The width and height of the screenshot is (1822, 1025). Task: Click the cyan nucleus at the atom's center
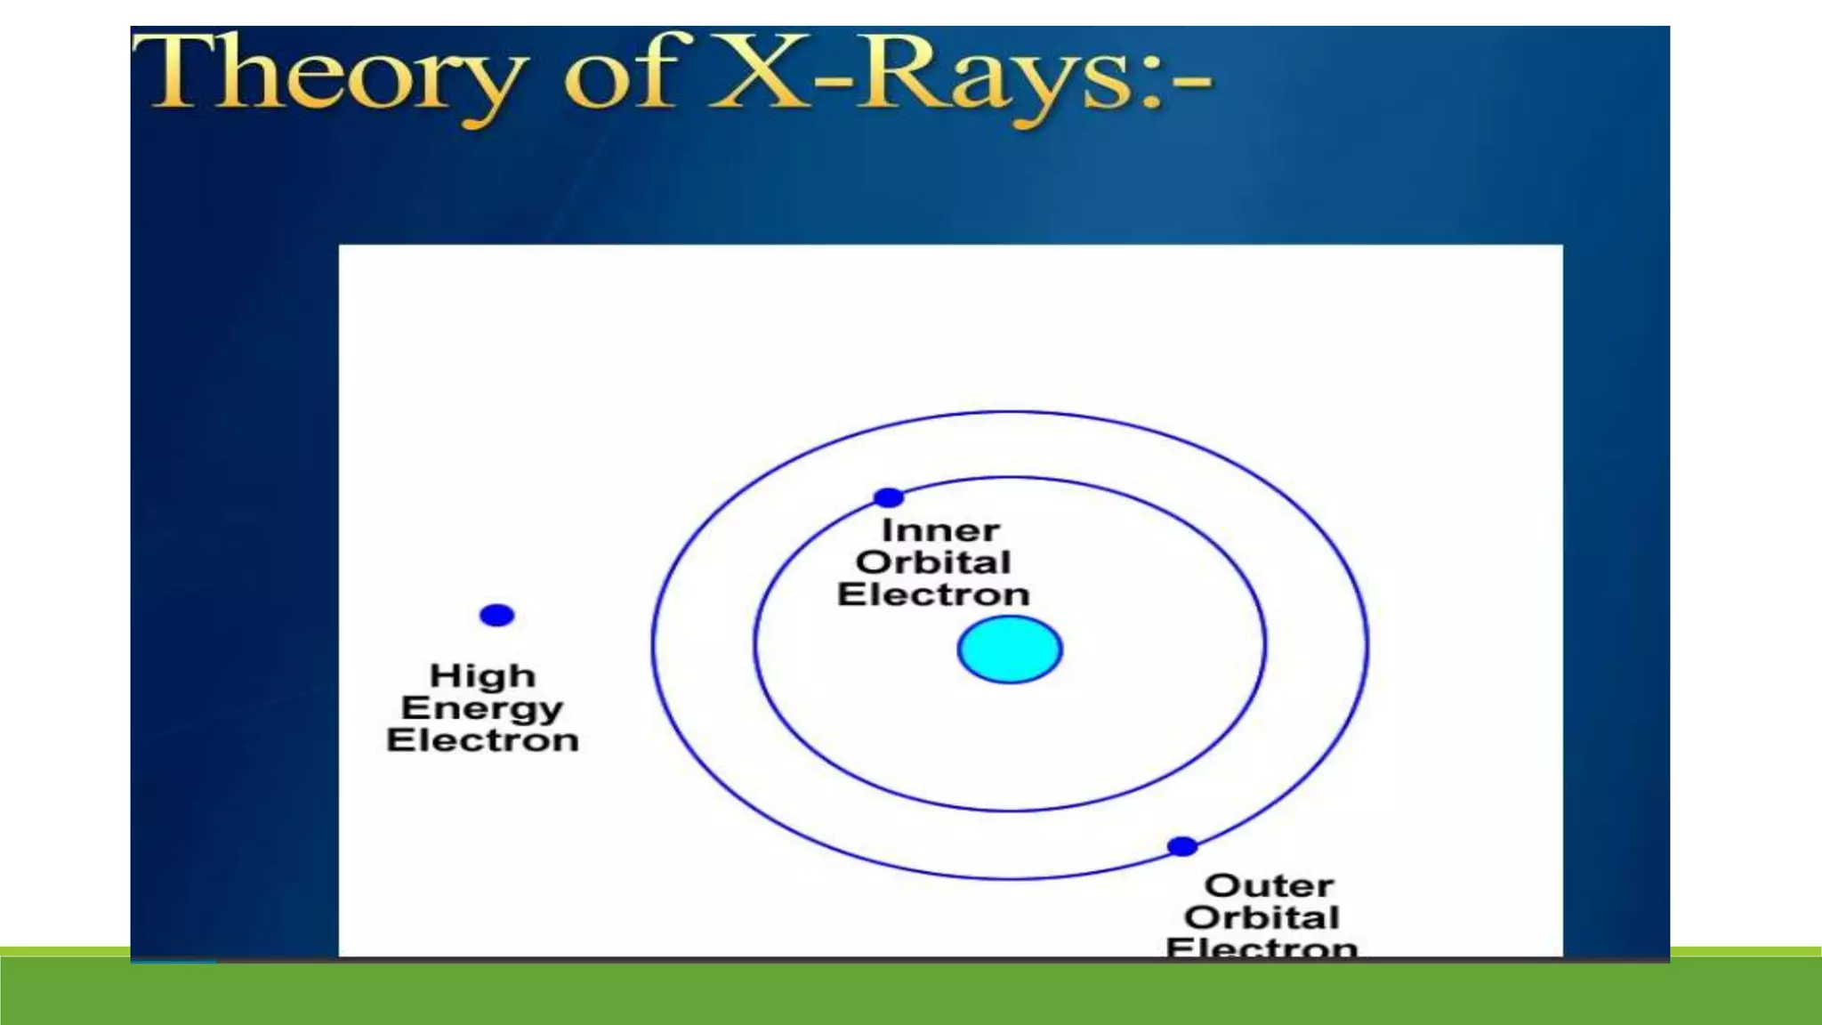tap(1010, 650)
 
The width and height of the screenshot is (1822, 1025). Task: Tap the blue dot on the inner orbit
tap(888, 497)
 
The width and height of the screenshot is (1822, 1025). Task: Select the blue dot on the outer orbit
tap(1181, 846)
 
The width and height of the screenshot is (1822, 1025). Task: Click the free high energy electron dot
tap(496, 615)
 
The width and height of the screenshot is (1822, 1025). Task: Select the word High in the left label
tap(482, 676)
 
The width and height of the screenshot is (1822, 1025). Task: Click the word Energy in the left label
tap(482, 709)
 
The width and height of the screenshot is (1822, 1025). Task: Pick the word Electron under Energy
tap(482, 740)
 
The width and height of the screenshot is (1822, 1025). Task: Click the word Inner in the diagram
tap(939, 530)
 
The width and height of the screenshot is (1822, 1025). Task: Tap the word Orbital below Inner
tap(933, 562)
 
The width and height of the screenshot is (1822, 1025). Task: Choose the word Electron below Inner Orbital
tap(933, 594)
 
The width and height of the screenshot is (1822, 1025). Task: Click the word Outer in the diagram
tap(1269, 885)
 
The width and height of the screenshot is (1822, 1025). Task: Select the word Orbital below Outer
tap(1262, 917)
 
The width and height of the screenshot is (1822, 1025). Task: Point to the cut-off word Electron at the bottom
tap(1262, 947)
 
